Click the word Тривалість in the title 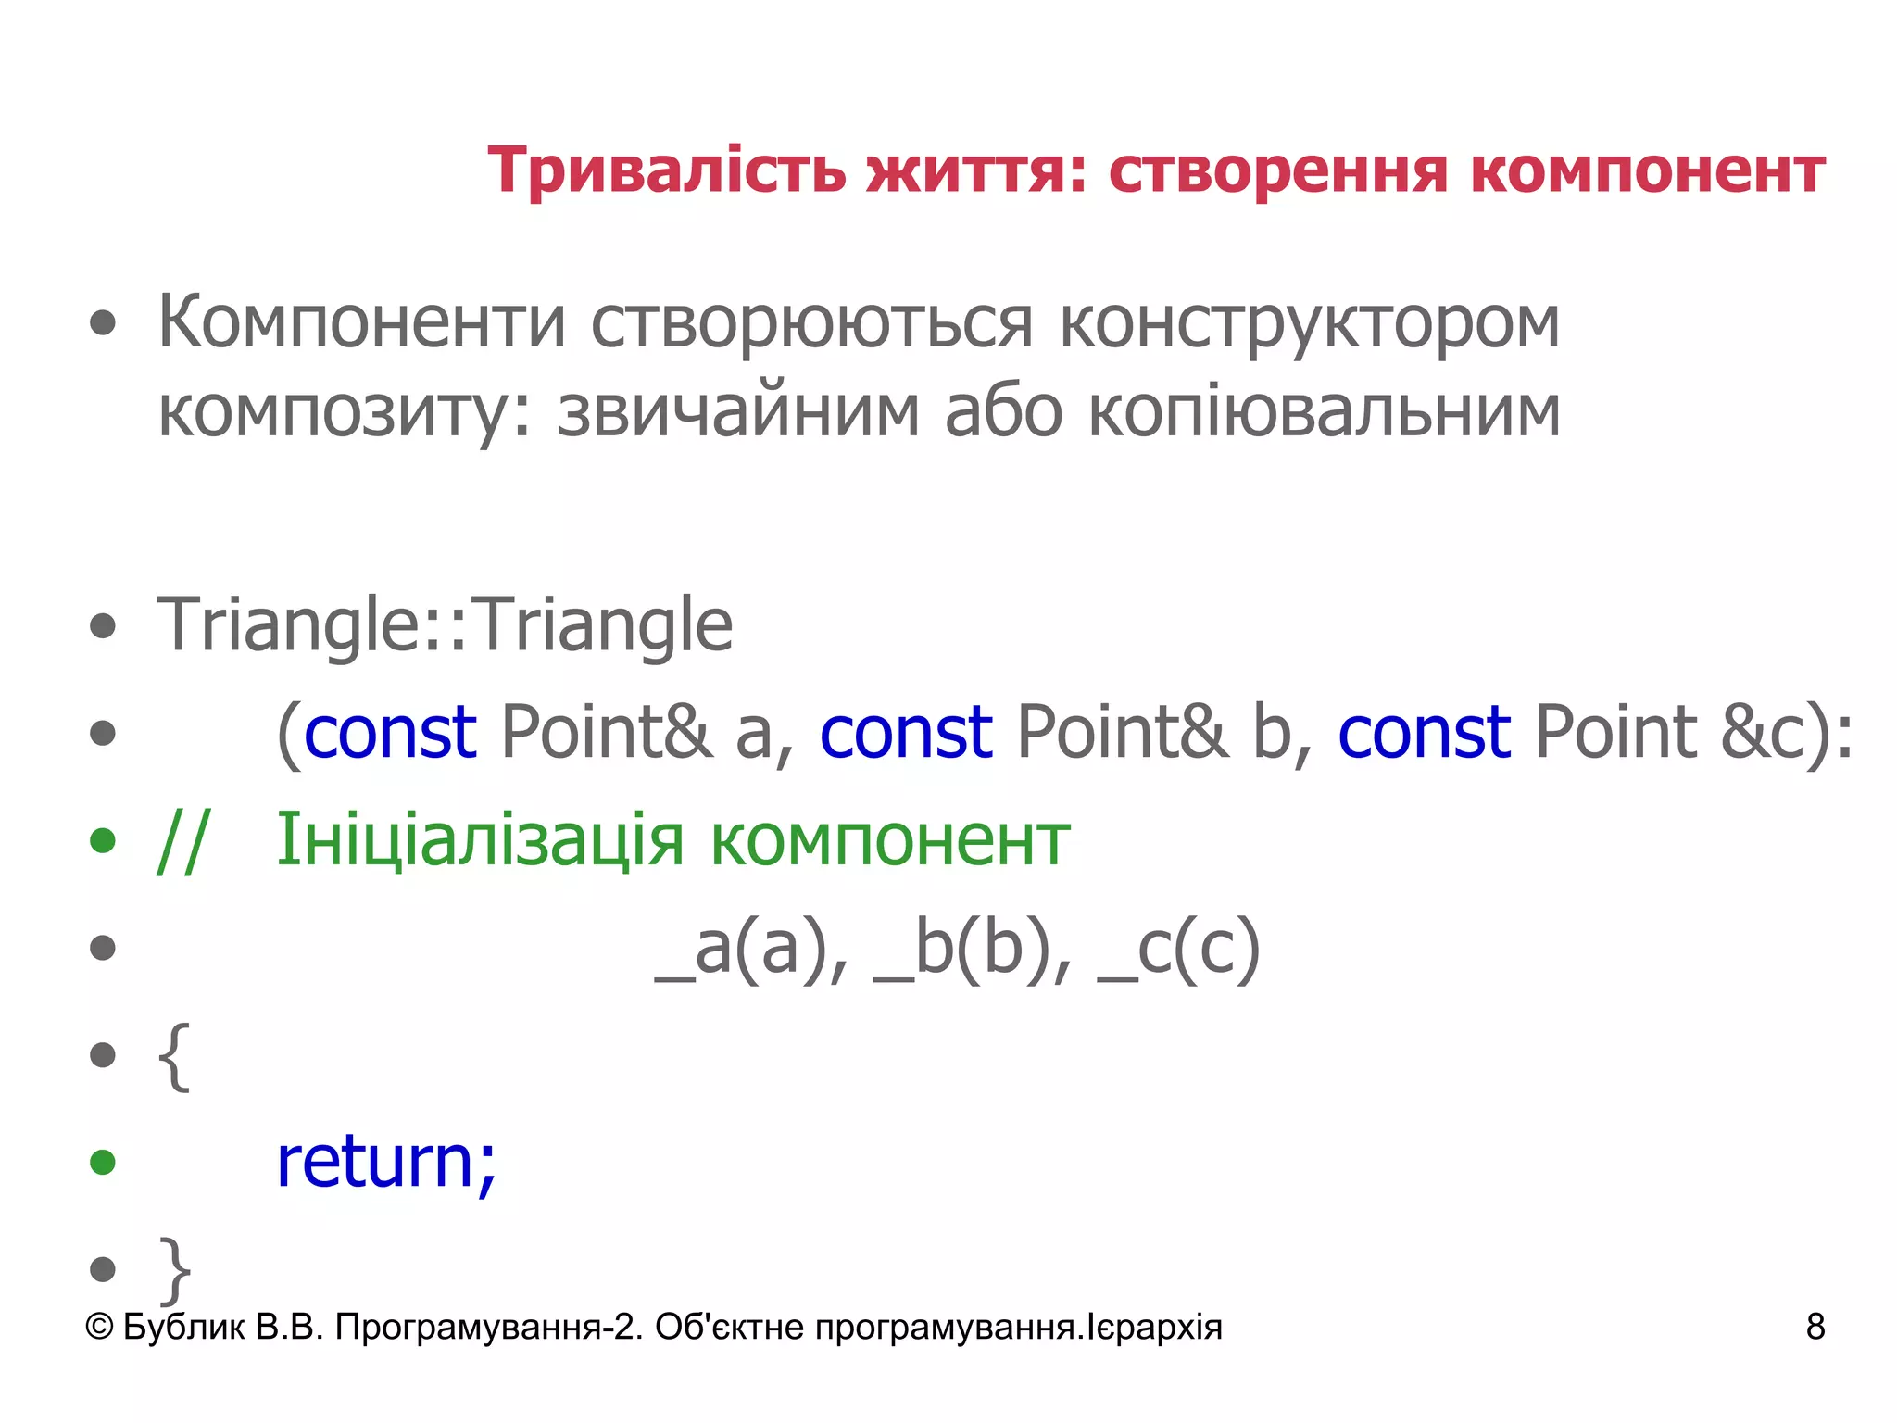[667, 171]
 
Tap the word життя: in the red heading [976, 171]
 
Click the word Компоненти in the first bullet [361, 322]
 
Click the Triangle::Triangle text [445, 625]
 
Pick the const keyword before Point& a [390, 732]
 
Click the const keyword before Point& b [906, 732]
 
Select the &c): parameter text [1787, 734]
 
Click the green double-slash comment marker [183, 840]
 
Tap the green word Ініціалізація [480, 840]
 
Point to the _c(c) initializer [1178, 949]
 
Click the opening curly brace [174, 1056]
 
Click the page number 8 [1815, 1327]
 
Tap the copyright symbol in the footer [99, 1327]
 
